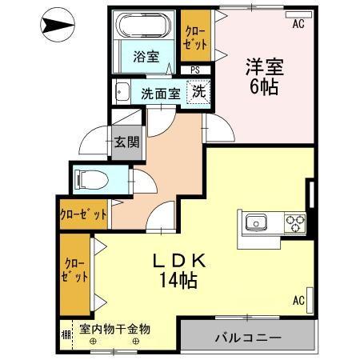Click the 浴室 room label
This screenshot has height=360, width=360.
(146, 58)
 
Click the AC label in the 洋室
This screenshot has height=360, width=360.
(298, 24)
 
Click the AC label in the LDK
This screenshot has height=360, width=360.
(298, 301)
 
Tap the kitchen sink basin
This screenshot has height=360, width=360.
(258, 222)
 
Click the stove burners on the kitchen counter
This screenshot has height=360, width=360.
(293, 222)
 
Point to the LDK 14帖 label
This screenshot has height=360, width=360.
(181, 270)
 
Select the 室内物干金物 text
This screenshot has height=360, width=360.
(115, 329)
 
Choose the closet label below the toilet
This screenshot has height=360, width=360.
(83, 214)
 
